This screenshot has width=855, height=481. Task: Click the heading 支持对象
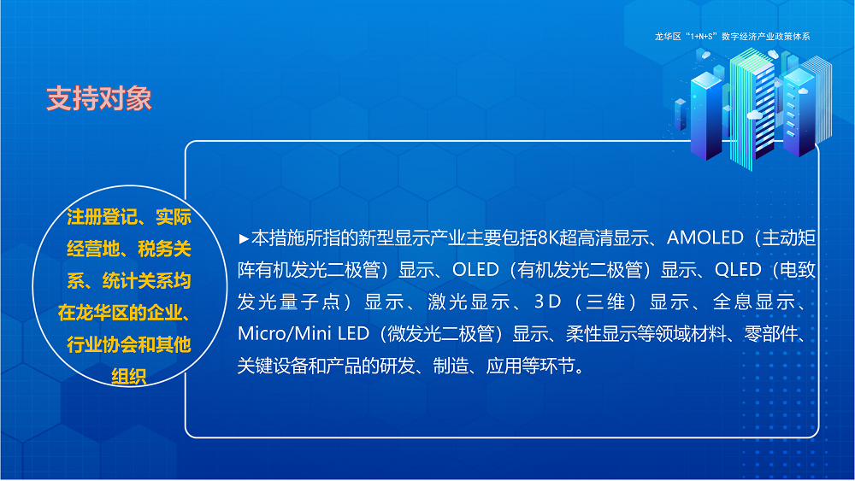(98, 99)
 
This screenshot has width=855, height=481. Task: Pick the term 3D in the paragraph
(545, 302)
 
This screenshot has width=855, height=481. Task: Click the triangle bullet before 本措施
(244, 238)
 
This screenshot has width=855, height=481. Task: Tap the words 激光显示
(473, 302)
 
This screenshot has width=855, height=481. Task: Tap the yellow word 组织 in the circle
(128, 377)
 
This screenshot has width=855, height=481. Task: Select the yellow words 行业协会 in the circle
(98, 345)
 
